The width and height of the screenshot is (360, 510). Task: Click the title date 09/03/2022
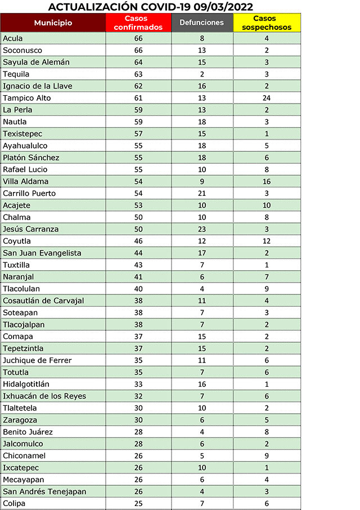coord(222,7)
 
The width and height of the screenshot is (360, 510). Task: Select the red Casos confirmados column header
coord(138,23)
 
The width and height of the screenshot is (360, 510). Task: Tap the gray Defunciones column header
coord(202,23)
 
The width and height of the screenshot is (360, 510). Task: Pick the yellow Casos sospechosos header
coord(267,23)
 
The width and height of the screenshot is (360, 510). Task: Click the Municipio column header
coord(53,23)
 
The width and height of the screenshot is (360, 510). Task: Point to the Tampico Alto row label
coord(26,98)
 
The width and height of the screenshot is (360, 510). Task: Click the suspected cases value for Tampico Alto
coord(267,98)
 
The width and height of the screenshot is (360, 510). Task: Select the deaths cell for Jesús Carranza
coord(202,229)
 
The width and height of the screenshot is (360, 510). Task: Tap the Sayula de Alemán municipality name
coord(36,62)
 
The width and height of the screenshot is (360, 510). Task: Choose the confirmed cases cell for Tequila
coord(138,74)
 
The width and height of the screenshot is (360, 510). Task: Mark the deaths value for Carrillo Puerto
coord(202,193)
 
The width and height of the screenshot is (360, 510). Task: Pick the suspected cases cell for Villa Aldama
coord(267,181)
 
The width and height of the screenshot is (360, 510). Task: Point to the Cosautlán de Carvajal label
coord(43,301)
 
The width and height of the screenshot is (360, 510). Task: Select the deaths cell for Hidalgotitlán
coord(202,384)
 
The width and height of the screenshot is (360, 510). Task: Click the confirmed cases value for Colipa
coord(138,503)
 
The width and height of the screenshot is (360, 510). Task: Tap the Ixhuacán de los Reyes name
coord(44,396)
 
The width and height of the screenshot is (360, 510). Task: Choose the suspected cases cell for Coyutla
coord(267,241)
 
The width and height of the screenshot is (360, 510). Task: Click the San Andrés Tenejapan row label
coord(44,491)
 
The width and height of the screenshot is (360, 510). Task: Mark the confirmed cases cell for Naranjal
coord(138,276)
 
